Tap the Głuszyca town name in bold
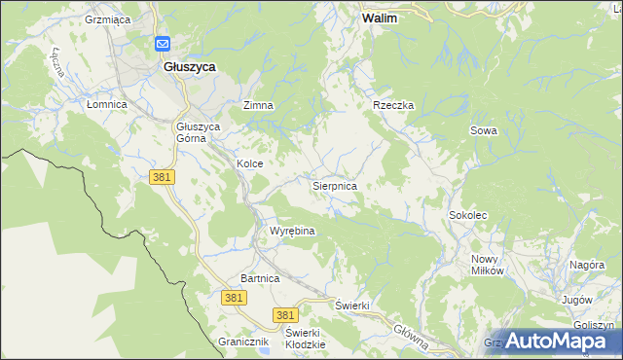point(190,66)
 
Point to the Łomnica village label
point(107,104)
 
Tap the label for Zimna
point(258,105)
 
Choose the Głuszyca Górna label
point(199,132)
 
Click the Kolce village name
point(250,164)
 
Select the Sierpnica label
point(334,185)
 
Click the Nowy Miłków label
point(488,265)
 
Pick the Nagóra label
point(588,264)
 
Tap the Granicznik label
point(242,342)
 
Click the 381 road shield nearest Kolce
point(162,176)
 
